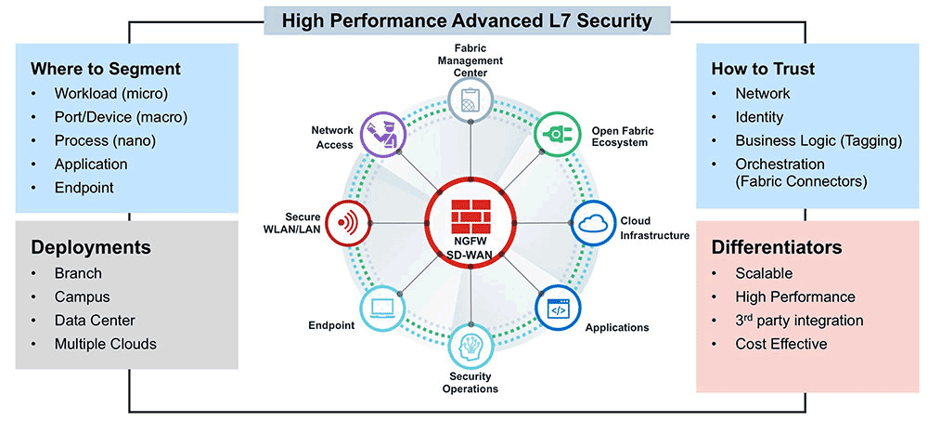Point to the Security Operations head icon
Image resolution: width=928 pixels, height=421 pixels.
pos(470,345)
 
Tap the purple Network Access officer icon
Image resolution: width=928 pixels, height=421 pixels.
pos(382,133)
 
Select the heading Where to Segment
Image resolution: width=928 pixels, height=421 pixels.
pos(106,69)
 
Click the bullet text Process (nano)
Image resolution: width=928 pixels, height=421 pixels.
pos(104,140)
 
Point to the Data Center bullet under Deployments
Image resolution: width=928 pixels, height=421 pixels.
pos(94,321)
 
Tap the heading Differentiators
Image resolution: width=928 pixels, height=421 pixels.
pos(776,248)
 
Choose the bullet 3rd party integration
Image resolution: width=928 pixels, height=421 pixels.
pos(799,321)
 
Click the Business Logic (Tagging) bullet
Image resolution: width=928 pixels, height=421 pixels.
pos(818,140)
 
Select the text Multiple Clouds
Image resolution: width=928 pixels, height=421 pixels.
pos(105,344)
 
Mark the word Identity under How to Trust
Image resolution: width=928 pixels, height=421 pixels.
pos(759,117)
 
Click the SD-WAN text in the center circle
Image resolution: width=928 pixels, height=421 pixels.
pos(470,254)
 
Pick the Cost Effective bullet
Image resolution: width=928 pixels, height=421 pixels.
pos(780,344)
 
